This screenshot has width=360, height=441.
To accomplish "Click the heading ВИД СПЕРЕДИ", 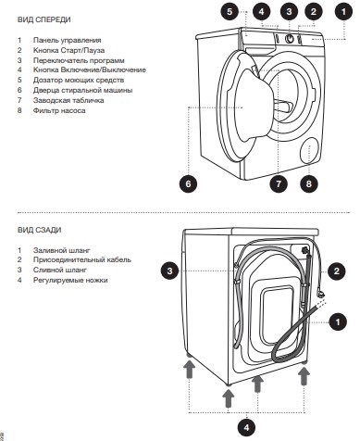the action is (x=44, y=19).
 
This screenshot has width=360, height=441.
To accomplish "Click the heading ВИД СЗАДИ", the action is (x=40, y=230).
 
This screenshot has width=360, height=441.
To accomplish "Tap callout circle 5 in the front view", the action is (x=230, y=12).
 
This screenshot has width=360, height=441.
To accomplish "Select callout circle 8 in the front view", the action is (x=309, y=184).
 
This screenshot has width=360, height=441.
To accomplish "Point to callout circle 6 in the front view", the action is (x=188, y=184).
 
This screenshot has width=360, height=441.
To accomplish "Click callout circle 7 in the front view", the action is (x=279, y=184).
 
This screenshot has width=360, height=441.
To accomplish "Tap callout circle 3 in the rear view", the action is (x=170, y=271).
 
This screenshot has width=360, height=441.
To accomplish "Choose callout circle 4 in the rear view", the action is (x=246, y=428).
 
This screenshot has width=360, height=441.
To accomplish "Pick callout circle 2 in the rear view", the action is (x=337, y=271).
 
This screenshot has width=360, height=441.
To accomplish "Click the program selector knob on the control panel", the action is (x=290, y=39).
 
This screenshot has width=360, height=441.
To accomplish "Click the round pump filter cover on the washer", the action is (x=310, y=150).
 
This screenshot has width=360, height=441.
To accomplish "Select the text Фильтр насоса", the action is (x=59, y=110).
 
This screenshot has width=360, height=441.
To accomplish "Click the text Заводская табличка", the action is (x=68, y=100).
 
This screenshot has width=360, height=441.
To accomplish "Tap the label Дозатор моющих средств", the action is (x=79, y=80).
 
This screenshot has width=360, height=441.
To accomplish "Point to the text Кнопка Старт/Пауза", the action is (x=68, y=50).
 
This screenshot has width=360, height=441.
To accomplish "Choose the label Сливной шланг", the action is (x=60, y=270).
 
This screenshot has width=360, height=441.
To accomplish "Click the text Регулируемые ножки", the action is (x=70, y=280).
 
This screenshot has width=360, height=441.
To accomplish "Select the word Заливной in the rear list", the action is (x=46, y=250).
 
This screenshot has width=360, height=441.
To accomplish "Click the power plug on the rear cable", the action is (x=321, y=294).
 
